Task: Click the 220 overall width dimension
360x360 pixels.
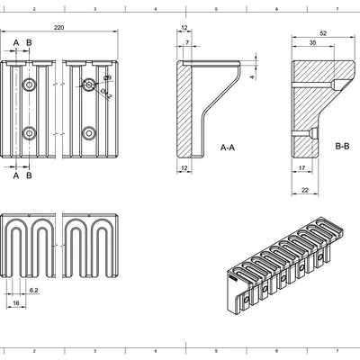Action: (x=59, y=29)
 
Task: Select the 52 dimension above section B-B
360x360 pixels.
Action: (x=322, y=34)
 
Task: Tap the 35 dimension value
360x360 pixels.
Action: (x=312, y=42)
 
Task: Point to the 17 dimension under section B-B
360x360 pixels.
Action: (x=301, y=167)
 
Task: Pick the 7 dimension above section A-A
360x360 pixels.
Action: (x=186, y=42)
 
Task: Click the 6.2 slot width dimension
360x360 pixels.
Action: (x=33, y=291)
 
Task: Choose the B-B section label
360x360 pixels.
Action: (x=343, y=145)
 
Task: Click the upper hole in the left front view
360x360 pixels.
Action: (x=31, y=85)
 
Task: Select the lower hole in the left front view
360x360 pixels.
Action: (x=31, y=133)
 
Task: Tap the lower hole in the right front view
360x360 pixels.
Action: (x=89, y=133)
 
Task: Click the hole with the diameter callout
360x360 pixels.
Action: (x=89, y=85)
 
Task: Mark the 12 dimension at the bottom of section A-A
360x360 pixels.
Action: (x=184, y=168)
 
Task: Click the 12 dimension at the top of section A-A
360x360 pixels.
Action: (x=184, y=29)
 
